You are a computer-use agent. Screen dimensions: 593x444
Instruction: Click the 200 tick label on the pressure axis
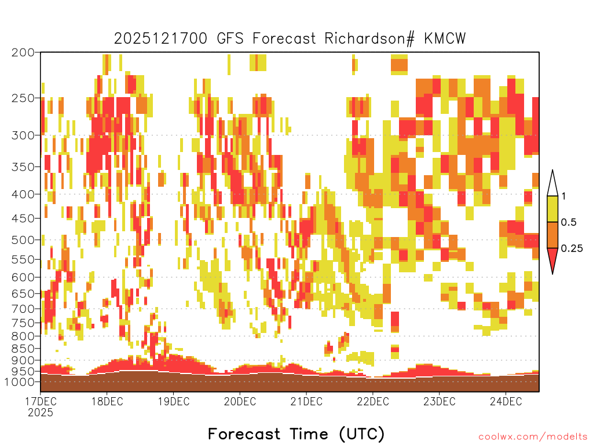click(x=23, y=53)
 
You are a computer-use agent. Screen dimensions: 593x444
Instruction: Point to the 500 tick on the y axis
click(x=23, y=240)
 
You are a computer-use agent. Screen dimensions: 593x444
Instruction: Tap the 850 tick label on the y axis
click(x=23, y=349)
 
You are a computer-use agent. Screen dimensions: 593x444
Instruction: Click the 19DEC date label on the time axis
click(x=174, y=401)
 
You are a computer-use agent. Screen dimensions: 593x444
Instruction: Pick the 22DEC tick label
click(x=373, y=401)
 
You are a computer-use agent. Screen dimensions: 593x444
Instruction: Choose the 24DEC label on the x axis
click(x=506, y=401)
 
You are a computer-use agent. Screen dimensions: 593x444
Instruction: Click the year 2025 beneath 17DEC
click(x=41, y=412)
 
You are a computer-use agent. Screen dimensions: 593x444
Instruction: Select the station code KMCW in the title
click(x=445, y=39)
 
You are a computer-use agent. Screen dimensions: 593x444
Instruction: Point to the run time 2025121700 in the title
click(x=161, y=39)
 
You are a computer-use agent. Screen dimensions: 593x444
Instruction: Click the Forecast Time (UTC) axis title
click(x=296, y=434)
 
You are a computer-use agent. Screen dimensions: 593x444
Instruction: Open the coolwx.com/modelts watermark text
click(x=533, y=436)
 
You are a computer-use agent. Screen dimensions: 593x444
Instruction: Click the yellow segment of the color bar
click(x=552, y=209)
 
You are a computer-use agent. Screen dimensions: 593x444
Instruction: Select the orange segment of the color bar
click(x=552, y=235)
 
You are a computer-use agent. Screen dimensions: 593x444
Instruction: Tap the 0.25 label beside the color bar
click(x=572, y=248)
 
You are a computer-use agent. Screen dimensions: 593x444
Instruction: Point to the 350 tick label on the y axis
click(x=23, y=167)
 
